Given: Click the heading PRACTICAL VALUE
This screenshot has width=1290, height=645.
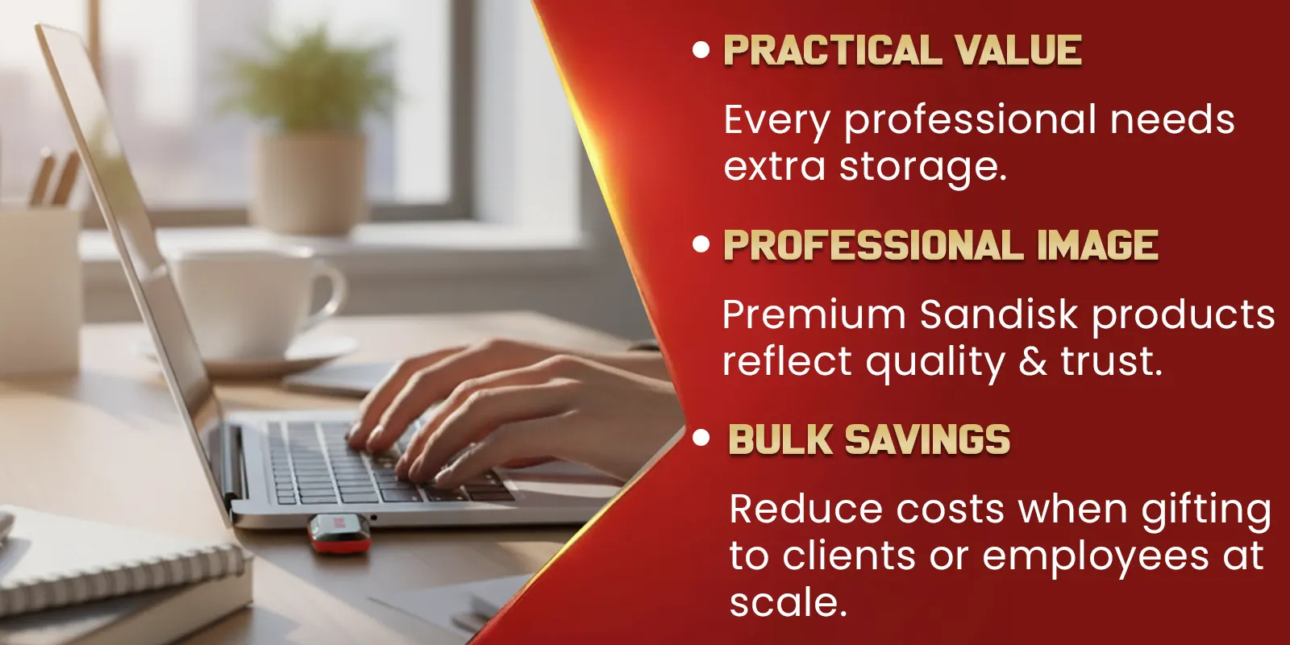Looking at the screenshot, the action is tap(903, 50).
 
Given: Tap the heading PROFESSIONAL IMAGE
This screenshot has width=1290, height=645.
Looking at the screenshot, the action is tap(941, 245).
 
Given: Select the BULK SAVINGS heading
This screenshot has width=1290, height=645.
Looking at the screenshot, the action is tap(870, 440).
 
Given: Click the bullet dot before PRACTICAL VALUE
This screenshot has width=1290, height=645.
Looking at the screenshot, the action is tap(701, 50).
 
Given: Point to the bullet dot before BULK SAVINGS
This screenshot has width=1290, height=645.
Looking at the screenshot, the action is tap(701, 439).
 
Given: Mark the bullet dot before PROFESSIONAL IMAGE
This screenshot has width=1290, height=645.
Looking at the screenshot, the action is tap(701, 244).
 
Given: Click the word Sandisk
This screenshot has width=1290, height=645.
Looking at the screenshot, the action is tap(999, 314).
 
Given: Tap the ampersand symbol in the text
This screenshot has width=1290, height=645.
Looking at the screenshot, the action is tap(1033, 362).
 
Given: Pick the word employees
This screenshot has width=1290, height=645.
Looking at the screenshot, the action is tap(1095, 557).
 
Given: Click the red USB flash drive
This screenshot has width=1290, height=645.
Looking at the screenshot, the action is tap(339, 534).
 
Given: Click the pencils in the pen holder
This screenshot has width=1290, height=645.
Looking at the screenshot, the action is tap(56, 178).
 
